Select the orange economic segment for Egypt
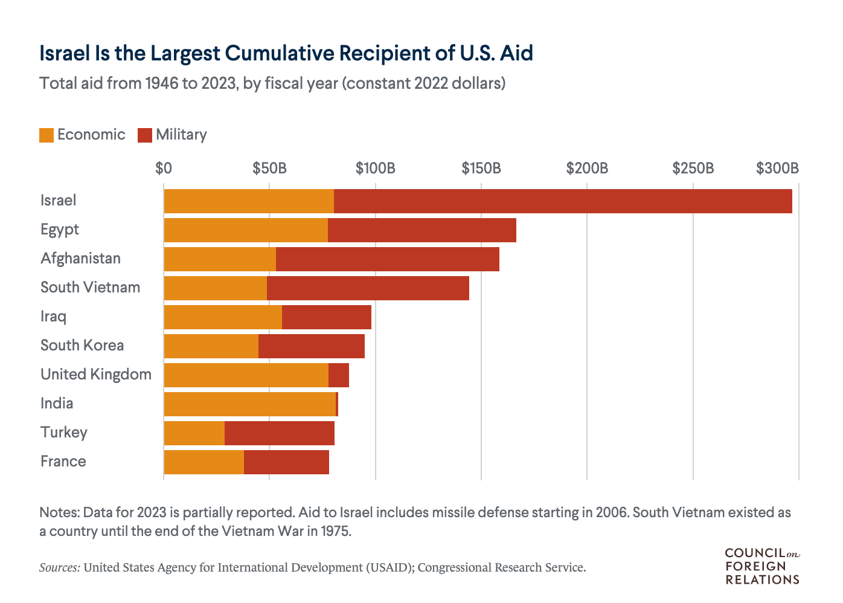pyautogui.click(x=246, y=230)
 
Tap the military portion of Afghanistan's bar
pyautogui.click(x=388, y=259)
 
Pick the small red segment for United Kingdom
pyautogui.click(x=339, y=375)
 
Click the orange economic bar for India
pyautogui.click(x=249, y=404)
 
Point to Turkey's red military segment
pyautogui.click(x=280, y=433)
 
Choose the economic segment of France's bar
pyautogui.click(x=204, y=462)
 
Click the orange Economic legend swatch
pyautogui.click(x=46, y=135)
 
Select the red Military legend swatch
pyautogui.click(x=145, y=135)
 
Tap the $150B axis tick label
pyautogui.click(x=481, y=168)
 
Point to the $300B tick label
pyautogui.click(x=777, y=168)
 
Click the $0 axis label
pyautogui.click(x=164, y=168)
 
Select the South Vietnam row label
pyautogui.click(x=90, y=288)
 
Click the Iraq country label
pyautogui.click(x=53, y=317)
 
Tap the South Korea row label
pyautogui.click(x=82, y=346)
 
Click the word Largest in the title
pyautogui.click(x=184, y=53)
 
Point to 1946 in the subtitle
pyautogui.click(x=161, y=83)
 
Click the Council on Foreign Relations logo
pyautogui.click(x=762, y=566)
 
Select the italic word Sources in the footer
pyautogui.click(x=59, y=568)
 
